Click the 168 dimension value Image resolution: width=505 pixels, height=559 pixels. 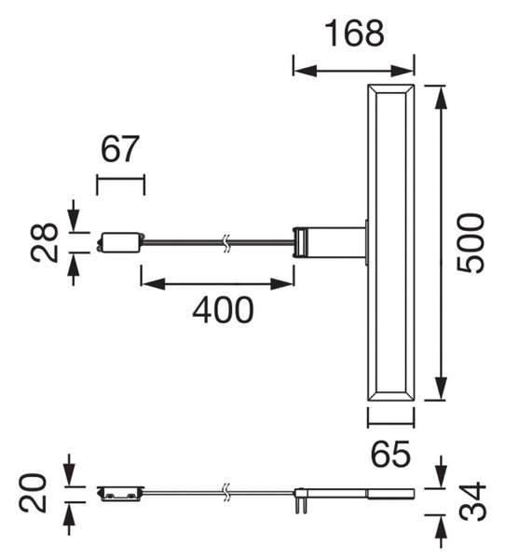(x=355, y=34)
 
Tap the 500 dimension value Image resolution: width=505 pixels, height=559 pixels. (x=471, y=243)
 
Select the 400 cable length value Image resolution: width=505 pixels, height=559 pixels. (x=223, y=310)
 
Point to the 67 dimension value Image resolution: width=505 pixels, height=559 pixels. (x=119, y=149)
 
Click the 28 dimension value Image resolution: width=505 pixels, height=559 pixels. (x=44, y=243)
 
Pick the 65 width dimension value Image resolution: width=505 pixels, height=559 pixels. (x=390, y=455)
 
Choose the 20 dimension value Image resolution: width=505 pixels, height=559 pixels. (x=33, y=494)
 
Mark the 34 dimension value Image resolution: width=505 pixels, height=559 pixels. (x=472, y=501)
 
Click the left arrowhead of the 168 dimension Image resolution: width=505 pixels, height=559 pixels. (x=305, y=71)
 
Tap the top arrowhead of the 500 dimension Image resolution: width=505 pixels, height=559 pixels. (x=441, y=97)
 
